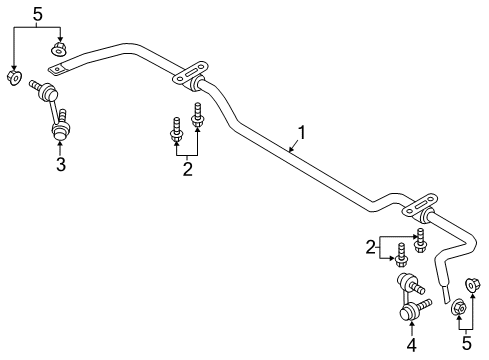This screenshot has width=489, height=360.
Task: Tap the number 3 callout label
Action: coord(60,164)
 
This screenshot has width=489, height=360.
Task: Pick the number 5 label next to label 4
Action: coord(465,345)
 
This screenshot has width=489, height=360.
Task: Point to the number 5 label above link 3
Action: coord(38,13)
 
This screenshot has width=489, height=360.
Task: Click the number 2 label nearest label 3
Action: coord(186,170)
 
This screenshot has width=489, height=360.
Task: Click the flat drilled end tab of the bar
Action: coord(62,68)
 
